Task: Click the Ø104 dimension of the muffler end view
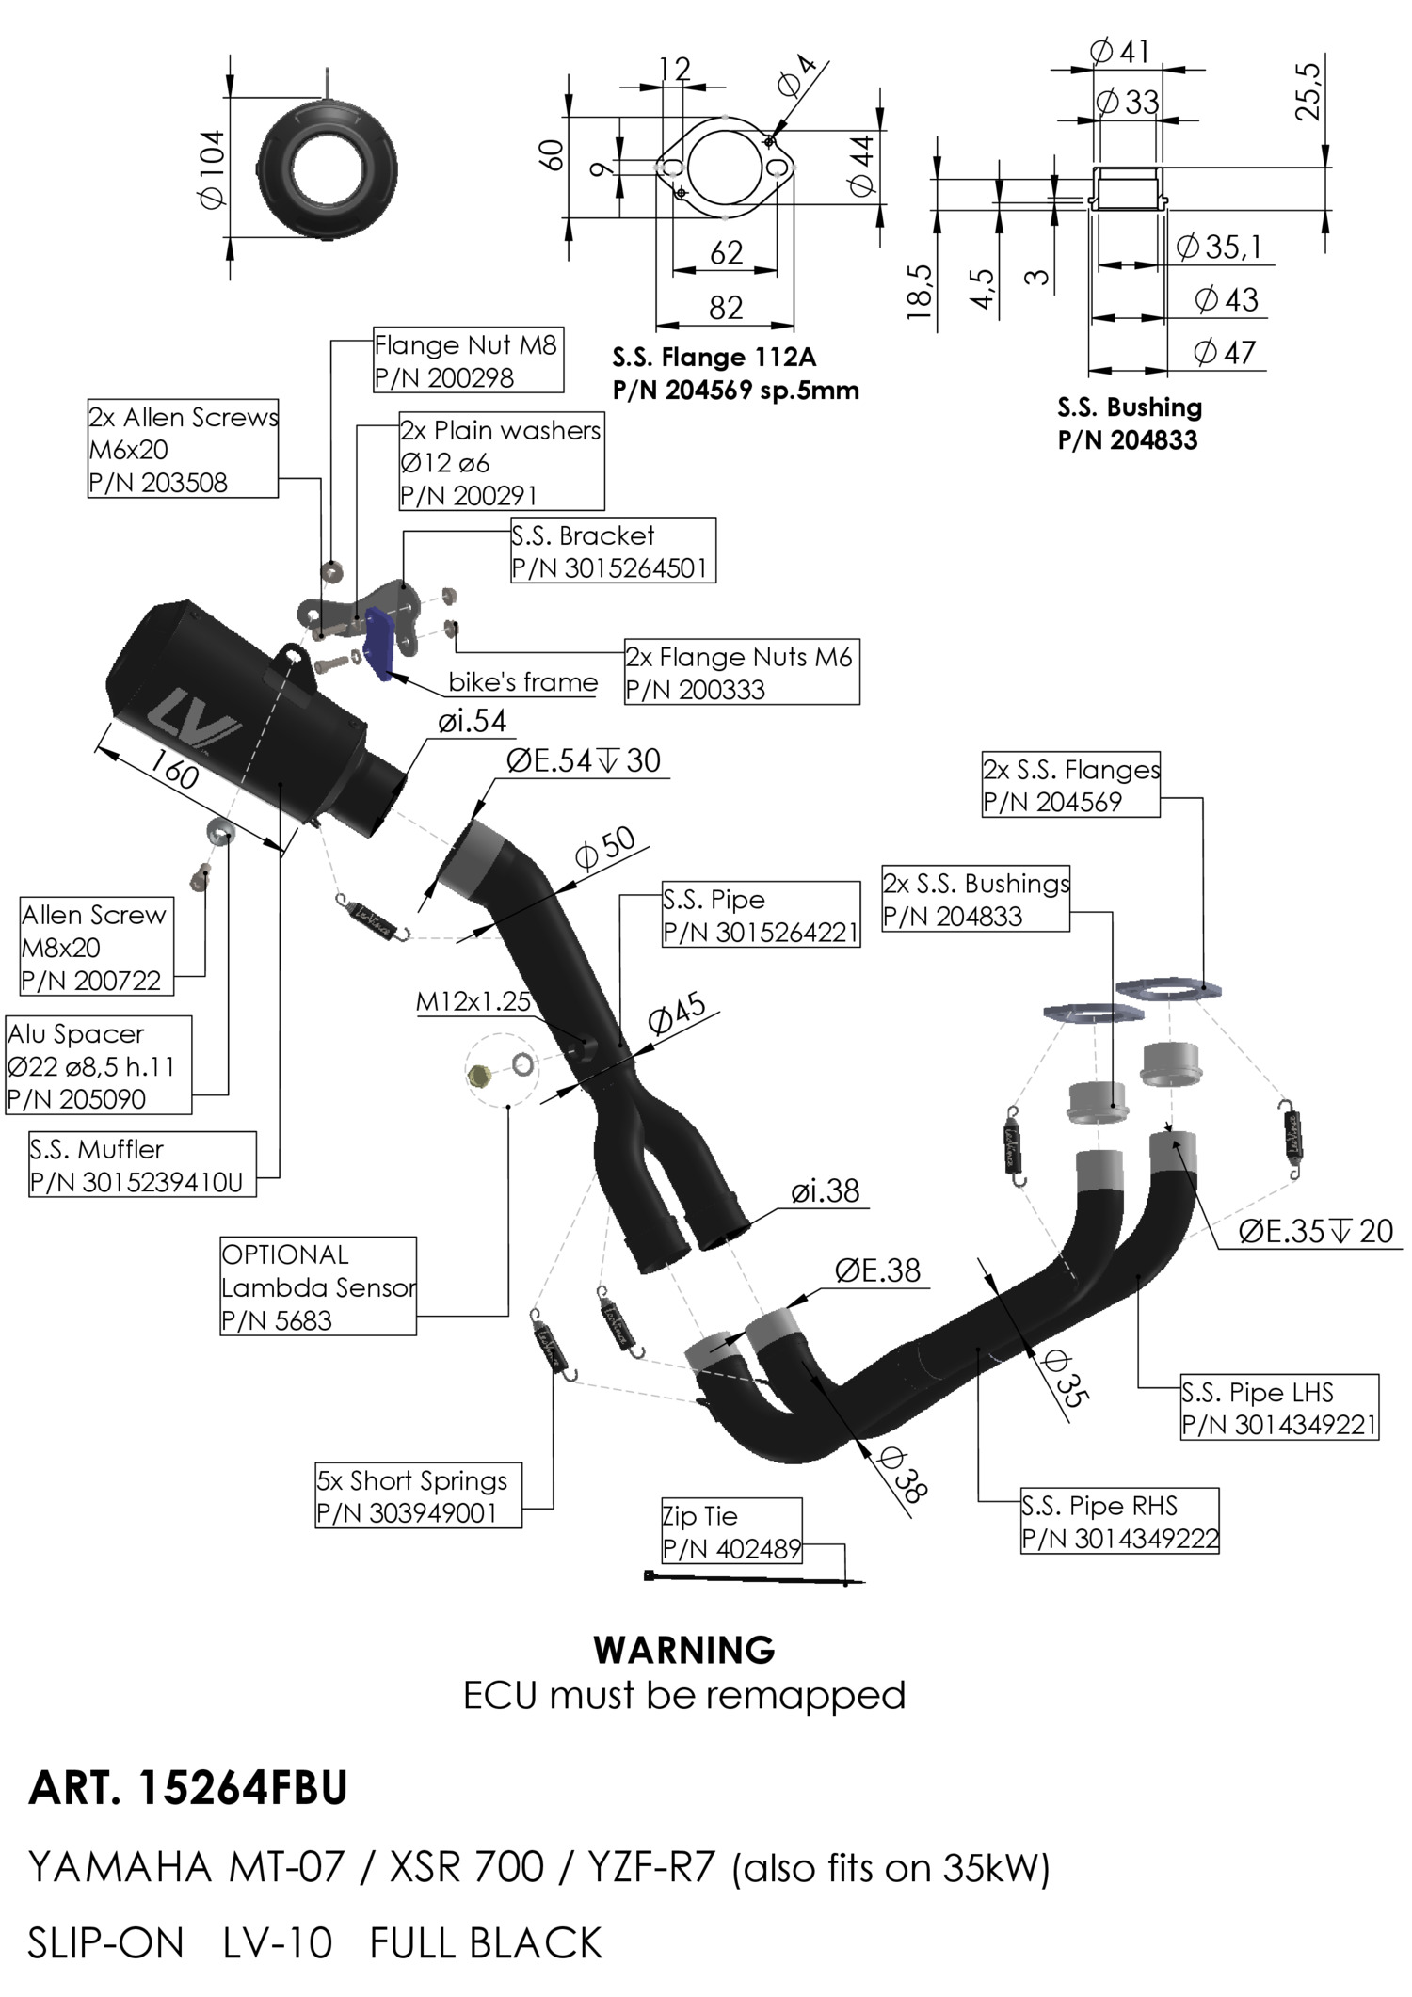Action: (x=213, y=168)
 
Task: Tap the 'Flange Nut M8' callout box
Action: (x=468, y=360)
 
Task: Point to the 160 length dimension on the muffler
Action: (x=175, y=773)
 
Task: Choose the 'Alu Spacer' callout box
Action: (x=98, y=1065)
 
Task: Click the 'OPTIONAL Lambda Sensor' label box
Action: (x=318, y=1286)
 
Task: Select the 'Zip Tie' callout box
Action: (x=731, y=1531)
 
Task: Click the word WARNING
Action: (x=684, y=1650)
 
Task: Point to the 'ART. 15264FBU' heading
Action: (x=188, y=1788)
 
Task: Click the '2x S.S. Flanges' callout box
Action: (x=1070, y=785)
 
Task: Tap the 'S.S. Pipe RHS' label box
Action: (x=1119, y=1521)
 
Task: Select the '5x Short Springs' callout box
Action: (x=418, y=1495)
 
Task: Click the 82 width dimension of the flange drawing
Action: (x=726, y=308)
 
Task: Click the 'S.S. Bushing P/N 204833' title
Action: (x=1129, y=423)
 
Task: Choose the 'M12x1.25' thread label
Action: (x=473, y=1001)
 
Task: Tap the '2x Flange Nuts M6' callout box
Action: (x=741, y=672)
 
